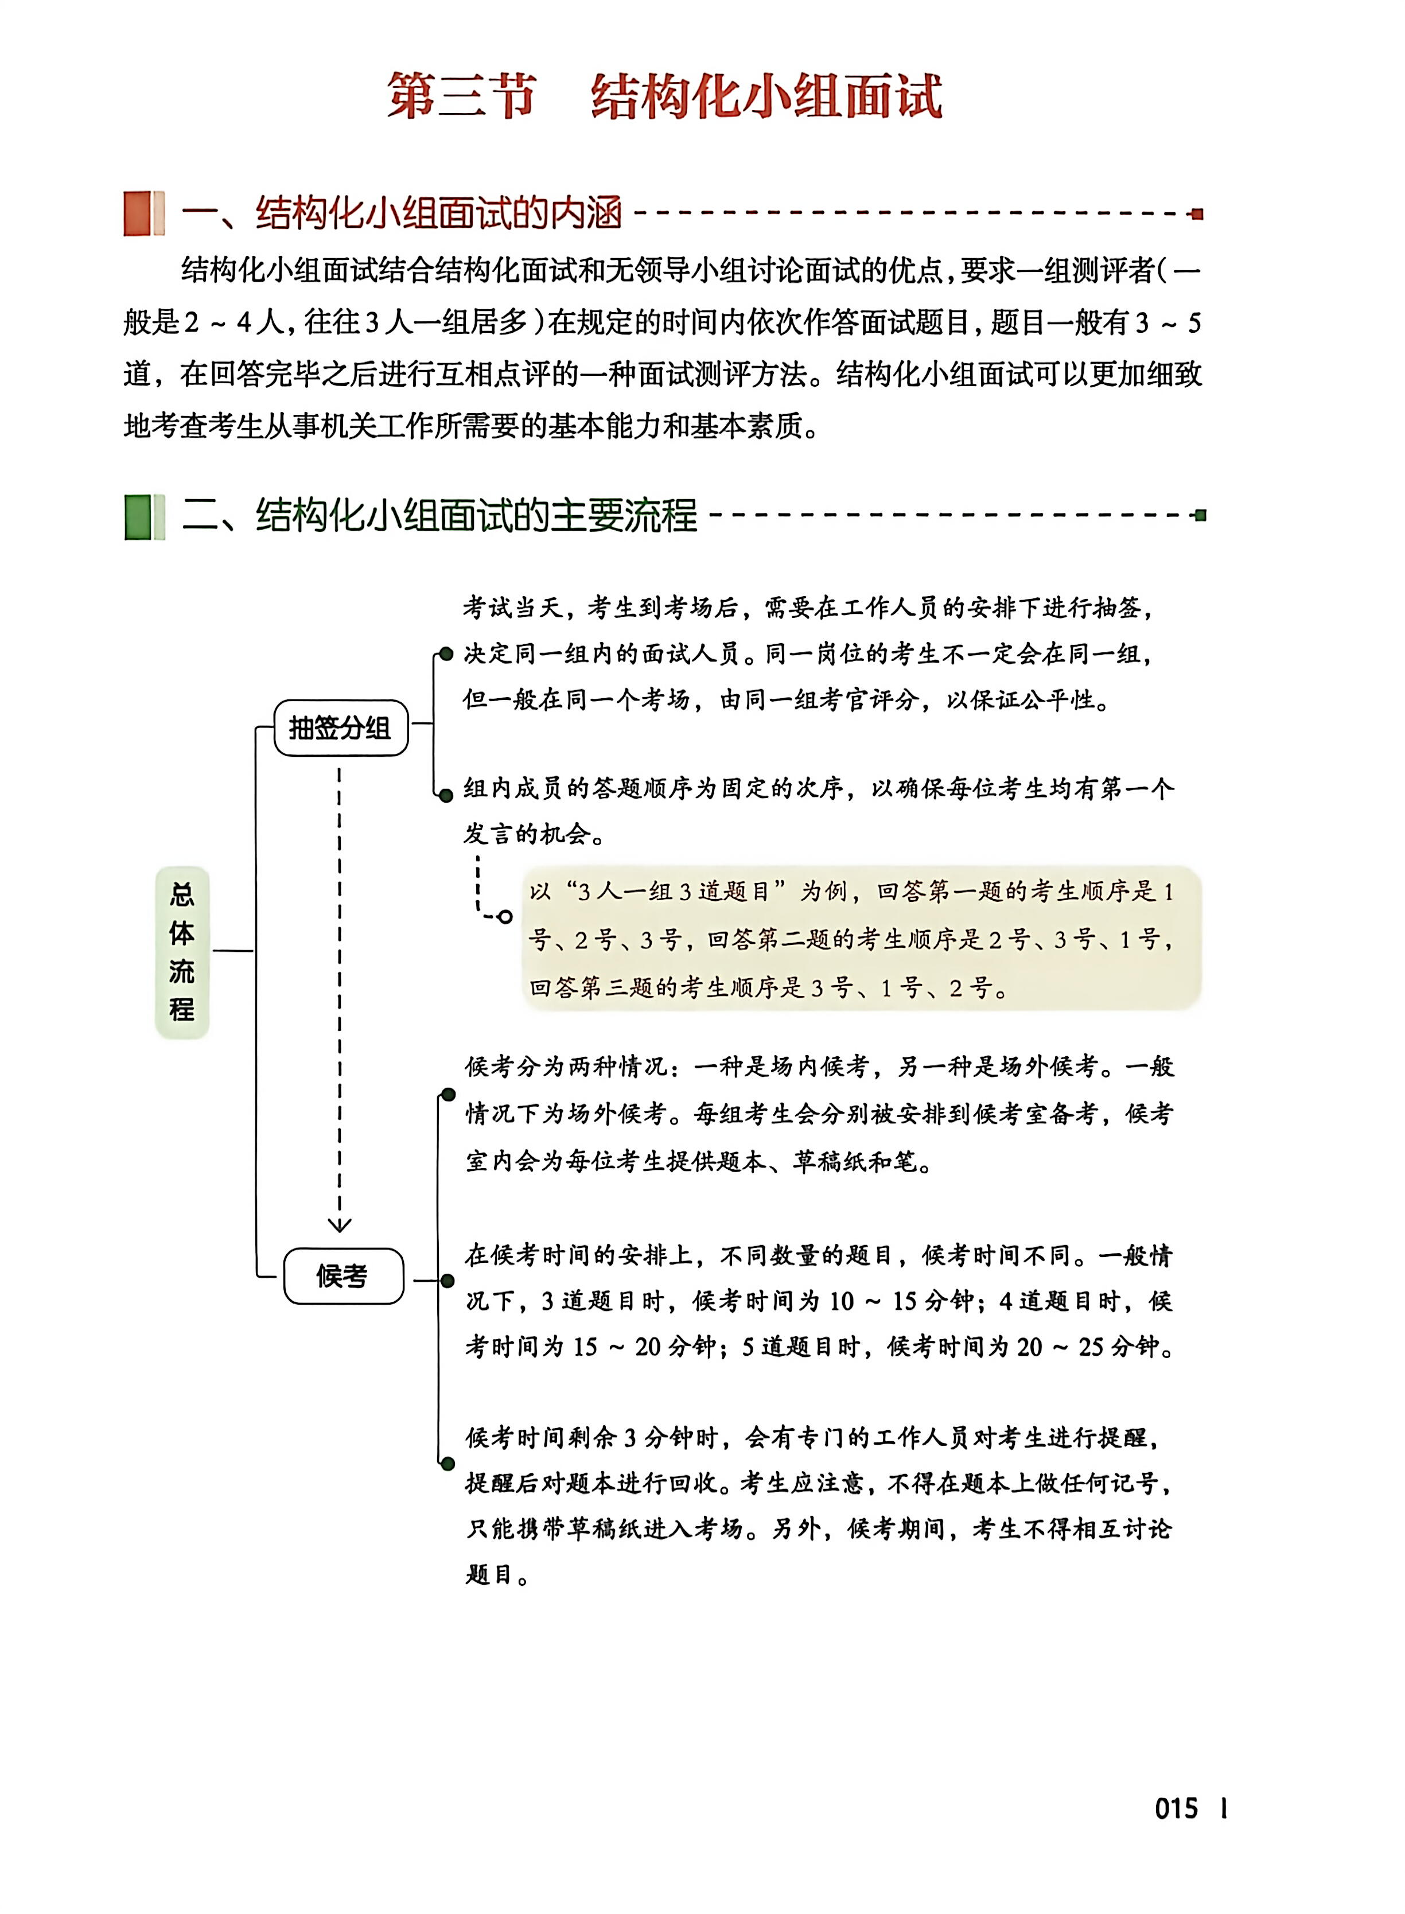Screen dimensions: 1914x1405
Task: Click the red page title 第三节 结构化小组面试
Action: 664,95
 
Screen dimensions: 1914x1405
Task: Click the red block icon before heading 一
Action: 143,213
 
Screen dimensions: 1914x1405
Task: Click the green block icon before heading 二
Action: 143,516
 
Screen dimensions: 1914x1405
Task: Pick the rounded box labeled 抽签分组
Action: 340,728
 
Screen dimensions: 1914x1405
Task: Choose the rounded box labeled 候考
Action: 343,1276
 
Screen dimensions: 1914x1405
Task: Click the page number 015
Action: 1176,1808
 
